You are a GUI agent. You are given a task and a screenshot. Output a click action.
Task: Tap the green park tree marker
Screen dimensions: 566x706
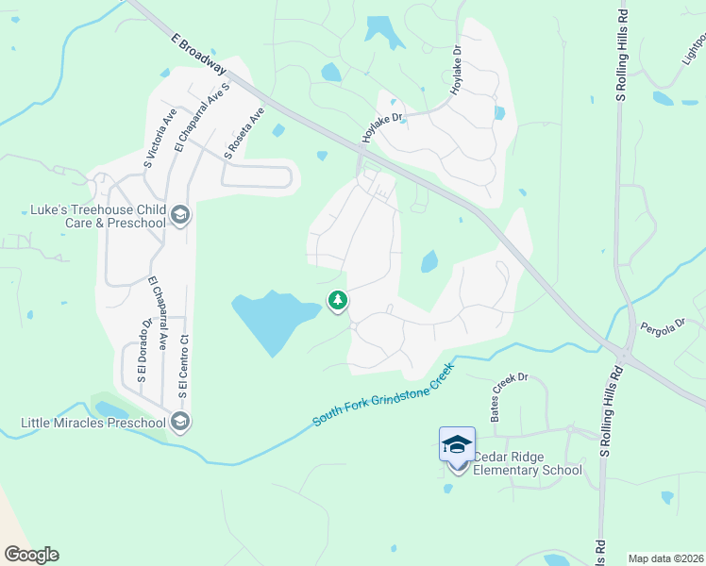337,301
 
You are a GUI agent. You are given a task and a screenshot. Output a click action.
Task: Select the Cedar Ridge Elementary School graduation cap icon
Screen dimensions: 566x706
457,443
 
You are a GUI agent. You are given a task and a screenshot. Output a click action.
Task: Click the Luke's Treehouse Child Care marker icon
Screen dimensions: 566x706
180,216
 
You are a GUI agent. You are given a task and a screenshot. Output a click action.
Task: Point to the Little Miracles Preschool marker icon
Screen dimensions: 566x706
180,422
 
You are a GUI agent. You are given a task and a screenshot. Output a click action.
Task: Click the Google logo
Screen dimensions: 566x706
31,555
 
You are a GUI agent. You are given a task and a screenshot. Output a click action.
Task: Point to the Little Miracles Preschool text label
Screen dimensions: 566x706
93,423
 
